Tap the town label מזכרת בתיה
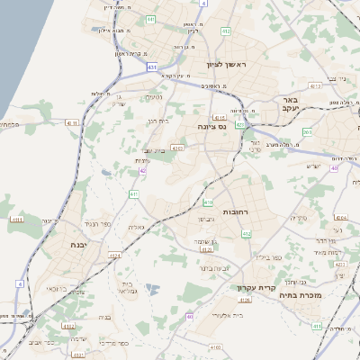coord(326,293)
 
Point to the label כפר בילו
coord(268,256)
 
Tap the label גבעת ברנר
coord(216,267)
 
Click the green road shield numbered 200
coord(307,132)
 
